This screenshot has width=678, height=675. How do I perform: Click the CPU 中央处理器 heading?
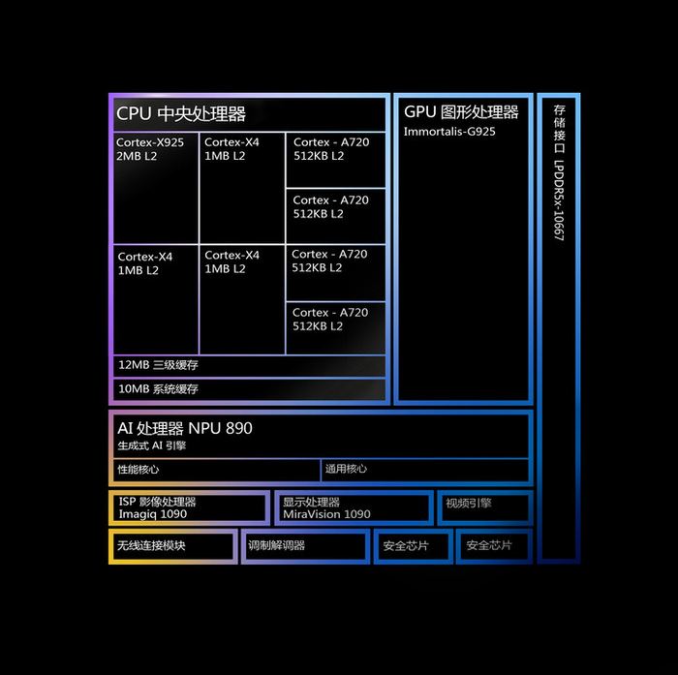tap(181, 114)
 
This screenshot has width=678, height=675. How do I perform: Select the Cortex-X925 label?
tap(150, 142)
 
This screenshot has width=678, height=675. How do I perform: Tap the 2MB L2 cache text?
tap(137, 156)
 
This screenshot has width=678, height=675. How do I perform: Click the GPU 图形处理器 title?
tap(461, 112)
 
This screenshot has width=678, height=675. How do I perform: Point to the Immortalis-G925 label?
tap(449, 132)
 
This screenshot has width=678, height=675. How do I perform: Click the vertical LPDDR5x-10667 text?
tap(559, 200)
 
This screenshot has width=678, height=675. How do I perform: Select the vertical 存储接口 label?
tap(559, 130)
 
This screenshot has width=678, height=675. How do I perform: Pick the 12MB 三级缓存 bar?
tap(249, 366)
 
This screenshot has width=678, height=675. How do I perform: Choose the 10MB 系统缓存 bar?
tap(249, 389)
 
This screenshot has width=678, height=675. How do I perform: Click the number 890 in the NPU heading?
tap(238, 428)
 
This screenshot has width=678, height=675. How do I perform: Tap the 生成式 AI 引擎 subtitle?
tap(151, 445)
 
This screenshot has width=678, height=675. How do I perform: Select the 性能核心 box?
tap(217, 470)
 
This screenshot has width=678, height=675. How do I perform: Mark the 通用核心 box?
tap(425, 470)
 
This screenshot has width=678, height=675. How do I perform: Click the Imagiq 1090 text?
tap(153, 514)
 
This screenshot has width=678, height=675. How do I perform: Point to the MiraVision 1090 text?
tap(326, 514)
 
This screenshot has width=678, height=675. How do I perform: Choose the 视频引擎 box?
tap(485, 508)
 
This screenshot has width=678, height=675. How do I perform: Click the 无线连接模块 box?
tap(173, 546)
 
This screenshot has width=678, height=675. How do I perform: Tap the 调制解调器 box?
tap(305, 546)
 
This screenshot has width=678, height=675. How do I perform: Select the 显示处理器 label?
tap(311, 502)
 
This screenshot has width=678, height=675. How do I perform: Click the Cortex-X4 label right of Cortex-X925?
tap(231, 142)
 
